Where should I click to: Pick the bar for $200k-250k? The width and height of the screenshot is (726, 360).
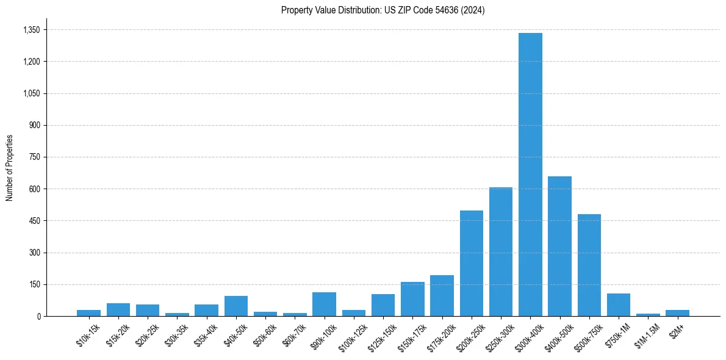tap(471, 263)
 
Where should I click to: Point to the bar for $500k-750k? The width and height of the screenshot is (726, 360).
tap(589, 265)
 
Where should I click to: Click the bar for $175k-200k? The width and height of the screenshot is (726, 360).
tap(442, 295)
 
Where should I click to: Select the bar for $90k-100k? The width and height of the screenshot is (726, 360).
tap(324, 304)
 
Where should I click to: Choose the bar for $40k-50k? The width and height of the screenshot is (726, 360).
tap(235, 306)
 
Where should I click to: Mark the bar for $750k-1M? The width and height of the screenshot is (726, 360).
tap(618, 304)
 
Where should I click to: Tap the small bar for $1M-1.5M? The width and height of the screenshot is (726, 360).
tap(648, 314)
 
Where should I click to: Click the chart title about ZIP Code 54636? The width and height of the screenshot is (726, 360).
tap(383, 10)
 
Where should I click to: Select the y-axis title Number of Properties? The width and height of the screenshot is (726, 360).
tap(10, 168)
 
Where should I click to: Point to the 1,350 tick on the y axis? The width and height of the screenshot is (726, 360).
tap(31, 30)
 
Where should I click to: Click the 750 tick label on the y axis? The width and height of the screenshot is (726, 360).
tap(34, 157)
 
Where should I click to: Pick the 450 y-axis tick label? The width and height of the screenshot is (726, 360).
tap(34, 221)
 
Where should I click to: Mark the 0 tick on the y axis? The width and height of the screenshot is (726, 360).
tap(38, 316)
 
